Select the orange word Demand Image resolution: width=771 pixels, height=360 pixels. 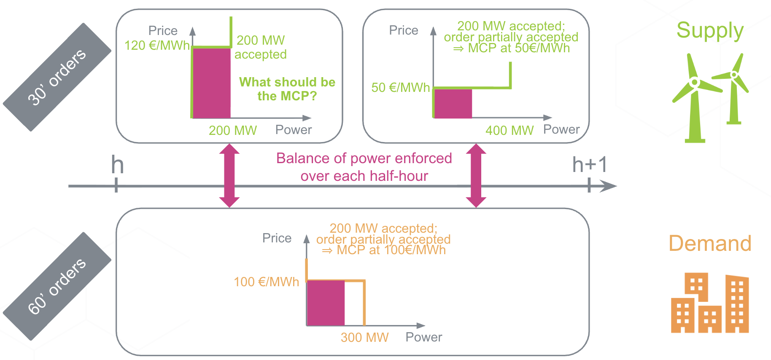point(710,243)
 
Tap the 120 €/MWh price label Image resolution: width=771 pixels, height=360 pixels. point(157,45)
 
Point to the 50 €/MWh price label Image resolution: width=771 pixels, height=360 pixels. point(400,87)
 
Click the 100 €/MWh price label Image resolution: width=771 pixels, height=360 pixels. point(266,282)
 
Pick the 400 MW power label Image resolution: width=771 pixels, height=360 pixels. point(510,130)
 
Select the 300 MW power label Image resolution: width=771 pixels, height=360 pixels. point(365,337)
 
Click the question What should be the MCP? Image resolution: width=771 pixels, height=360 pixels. point(287,89)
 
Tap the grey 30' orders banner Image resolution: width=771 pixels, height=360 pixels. point(57,77)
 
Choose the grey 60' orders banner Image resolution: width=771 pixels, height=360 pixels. point(57,286)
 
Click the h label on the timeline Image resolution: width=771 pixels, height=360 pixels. point(117,164)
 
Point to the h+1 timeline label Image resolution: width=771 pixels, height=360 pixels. point(590,164)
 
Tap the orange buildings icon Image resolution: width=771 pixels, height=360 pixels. point(710,303)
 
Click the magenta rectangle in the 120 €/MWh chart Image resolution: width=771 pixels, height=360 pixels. point(211,83)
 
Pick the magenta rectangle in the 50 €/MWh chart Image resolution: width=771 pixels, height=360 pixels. point(453,103)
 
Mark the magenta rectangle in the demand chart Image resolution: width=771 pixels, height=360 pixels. point(326,303)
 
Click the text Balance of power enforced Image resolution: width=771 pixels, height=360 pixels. point(364,158)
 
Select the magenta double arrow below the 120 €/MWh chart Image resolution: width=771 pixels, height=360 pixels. point(229,175)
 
